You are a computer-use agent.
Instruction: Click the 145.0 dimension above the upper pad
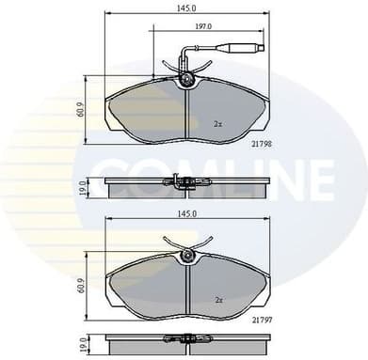[185, 8]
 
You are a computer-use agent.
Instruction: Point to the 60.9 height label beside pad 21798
[83, 109]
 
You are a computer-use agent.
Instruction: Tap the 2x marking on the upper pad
[217, 123]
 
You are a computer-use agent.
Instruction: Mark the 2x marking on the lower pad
[217, 300]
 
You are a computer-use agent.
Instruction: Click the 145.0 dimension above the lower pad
[185, 214]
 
